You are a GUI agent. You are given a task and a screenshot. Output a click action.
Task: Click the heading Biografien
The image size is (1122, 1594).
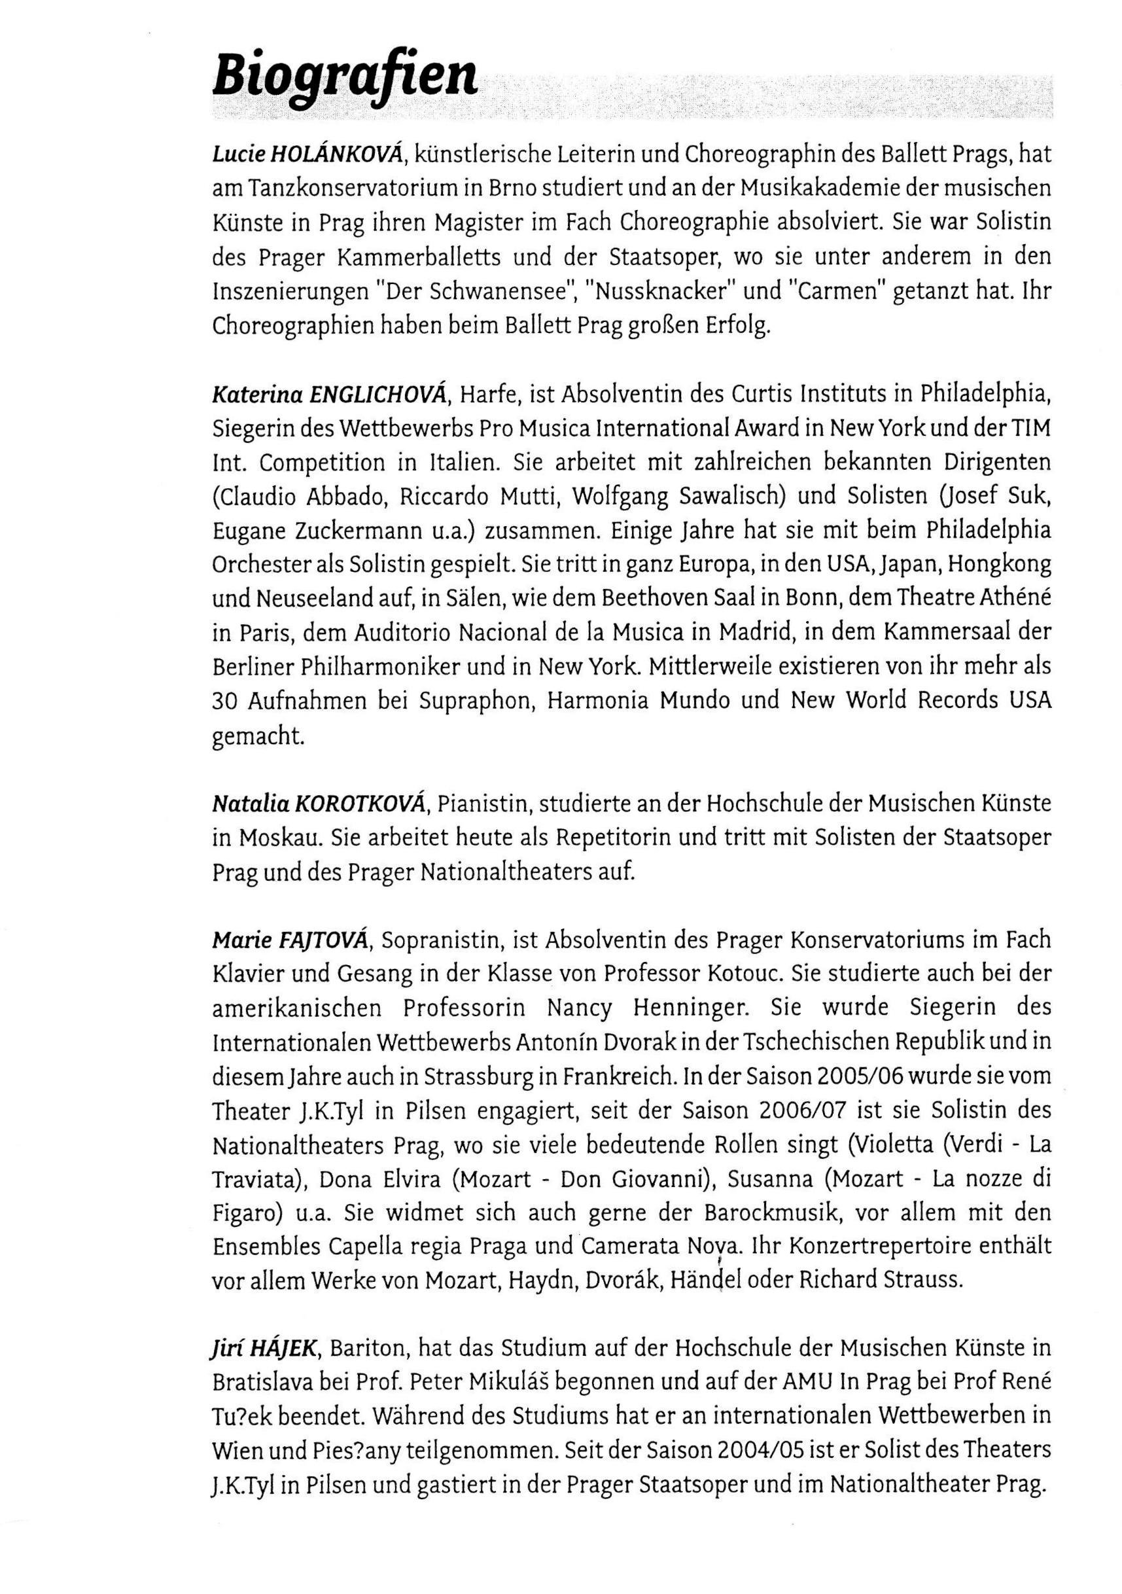[344, 77]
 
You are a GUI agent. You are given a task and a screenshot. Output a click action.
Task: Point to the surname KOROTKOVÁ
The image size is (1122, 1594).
[360, 804]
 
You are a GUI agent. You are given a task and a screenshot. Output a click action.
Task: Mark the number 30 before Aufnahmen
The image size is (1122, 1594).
[226, 701]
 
